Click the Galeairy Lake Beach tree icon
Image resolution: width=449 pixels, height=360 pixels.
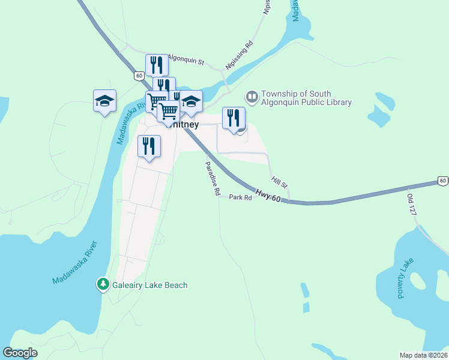[103, 284]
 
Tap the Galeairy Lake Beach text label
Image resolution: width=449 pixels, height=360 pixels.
[150, 286]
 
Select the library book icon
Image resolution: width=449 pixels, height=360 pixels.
[252, 96]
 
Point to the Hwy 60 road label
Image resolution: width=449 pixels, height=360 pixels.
[268, 196]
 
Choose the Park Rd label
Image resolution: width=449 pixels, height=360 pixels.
[240, 197]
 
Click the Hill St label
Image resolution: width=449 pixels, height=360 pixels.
[279, 182]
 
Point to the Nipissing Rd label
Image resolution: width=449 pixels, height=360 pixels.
[240, 54]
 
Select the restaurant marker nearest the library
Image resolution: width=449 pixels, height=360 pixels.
[234, 118]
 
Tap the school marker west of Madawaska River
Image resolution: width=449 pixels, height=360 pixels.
[104, 101]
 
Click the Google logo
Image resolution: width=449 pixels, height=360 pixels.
[20, 353]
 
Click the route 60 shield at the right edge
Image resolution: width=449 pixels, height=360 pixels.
[442, 181]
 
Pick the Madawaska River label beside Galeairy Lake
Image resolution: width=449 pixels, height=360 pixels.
[74, 263]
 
